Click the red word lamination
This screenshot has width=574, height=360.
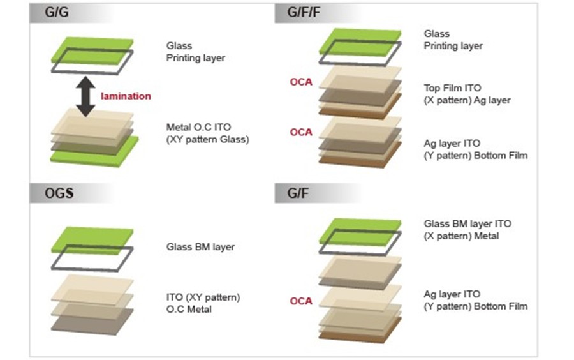pos(126,96)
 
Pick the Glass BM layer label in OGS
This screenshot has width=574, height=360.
pos(200,247)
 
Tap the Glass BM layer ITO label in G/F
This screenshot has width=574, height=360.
pos(467,224)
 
